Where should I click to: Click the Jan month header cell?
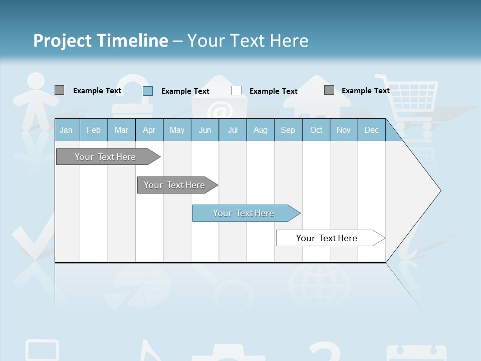[66, 130]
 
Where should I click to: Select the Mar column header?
[121, 130]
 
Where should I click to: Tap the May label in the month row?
[177, 130]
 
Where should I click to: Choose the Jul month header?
[232, 130]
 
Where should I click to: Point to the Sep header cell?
[288, 130]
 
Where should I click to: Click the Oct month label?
[316, 130]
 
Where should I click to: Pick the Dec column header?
[371, 130]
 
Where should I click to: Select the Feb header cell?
[94, 130]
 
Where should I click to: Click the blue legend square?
[148, 91]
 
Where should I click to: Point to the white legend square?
[236, 91]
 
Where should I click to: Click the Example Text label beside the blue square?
[185, 91]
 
